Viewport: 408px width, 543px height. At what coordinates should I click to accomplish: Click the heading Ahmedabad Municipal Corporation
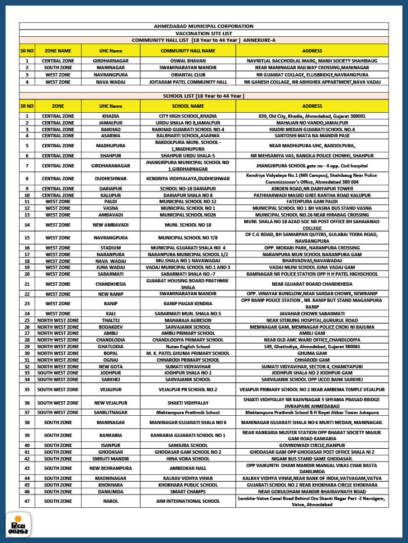[203, 26]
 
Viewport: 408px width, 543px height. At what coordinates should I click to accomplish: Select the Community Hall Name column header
[188, 50]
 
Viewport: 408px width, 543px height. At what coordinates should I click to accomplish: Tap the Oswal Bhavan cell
[188, 60]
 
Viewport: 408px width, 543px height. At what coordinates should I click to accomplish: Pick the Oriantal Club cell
[188, 74]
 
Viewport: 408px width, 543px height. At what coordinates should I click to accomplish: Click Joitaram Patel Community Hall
[188, 81]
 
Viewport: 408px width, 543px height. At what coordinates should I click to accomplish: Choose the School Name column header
[188, 106]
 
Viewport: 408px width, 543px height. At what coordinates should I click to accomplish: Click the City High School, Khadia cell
[188, 116]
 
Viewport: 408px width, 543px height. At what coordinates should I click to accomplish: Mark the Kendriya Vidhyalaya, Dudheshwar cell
[188, 179]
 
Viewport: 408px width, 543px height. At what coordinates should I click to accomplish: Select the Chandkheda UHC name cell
[111, 283]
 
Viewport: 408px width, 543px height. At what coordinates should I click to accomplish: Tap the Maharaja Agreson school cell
[188, 321]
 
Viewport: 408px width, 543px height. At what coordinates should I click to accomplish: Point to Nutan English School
[188, 346]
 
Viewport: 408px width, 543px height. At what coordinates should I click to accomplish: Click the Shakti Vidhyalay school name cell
[188, 402]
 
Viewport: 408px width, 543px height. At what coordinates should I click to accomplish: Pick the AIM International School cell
[188, 501]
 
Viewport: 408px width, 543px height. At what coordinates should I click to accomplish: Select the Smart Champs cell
[188, 491]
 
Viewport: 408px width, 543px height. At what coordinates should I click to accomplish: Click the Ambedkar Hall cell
[188, 468]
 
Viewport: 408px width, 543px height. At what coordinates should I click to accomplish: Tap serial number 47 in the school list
[27, 501]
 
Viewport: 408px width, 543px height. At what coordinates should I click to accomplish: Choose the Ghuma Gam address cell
[312, 353]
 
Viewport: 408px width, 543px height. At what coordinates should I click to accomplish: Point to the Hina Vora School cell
[188, 458]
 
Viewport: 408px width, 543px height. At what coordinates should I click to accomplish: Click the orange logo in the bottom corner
[18, 525]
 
